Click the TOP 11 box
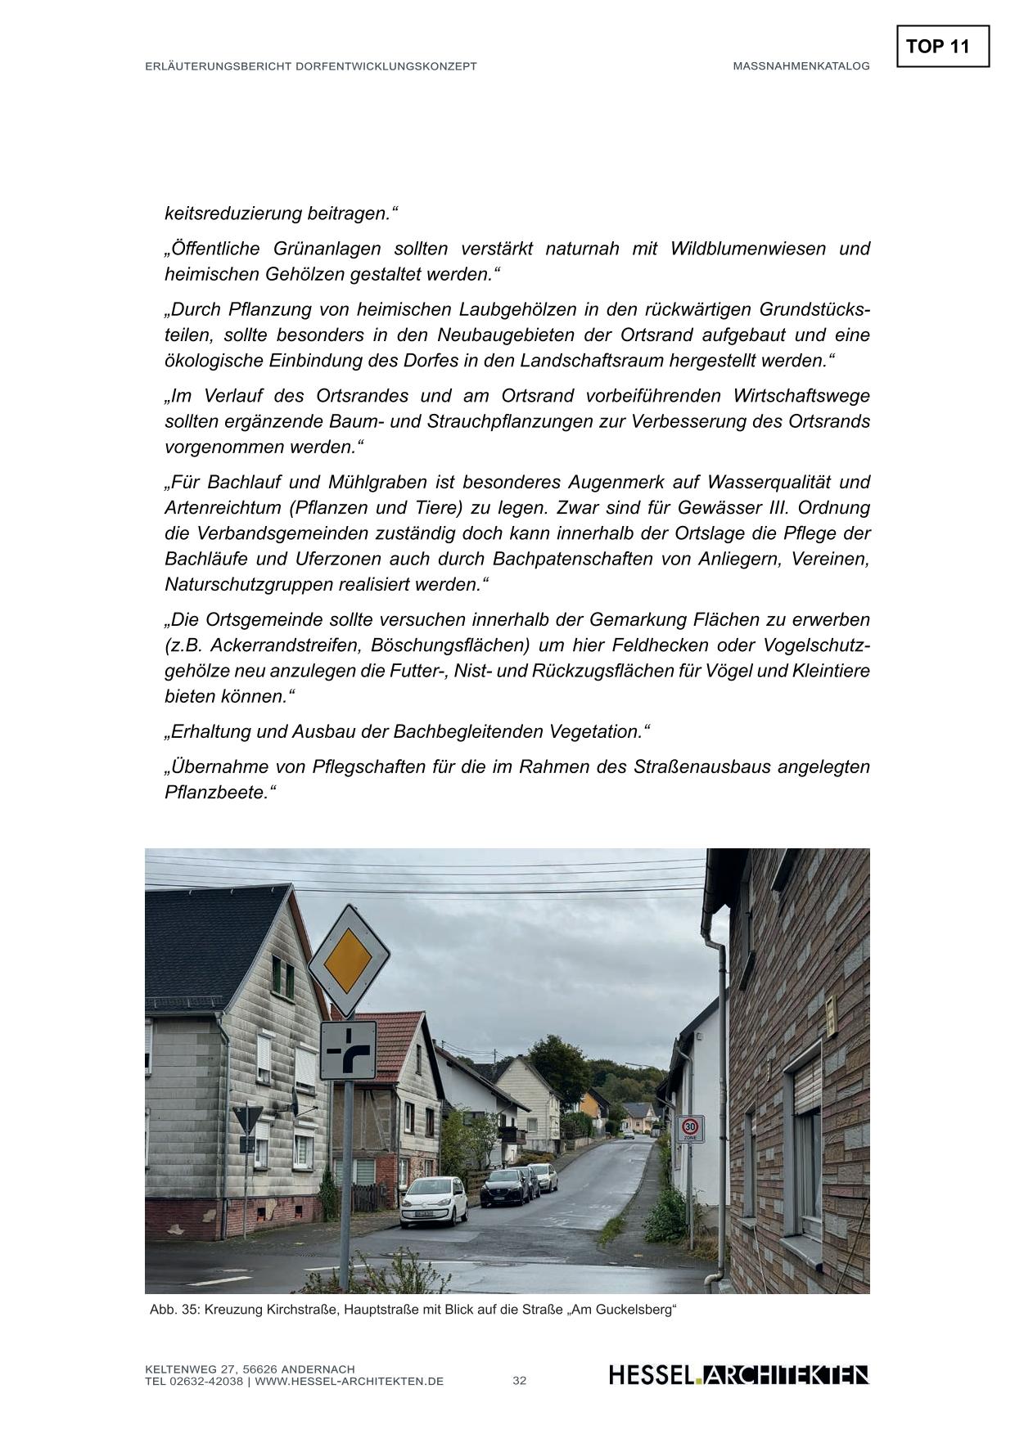click(x=942, y=47)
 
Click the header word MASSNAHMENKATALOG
click(x=801, y=66)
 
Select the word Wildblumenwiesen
click(x=748, y=249)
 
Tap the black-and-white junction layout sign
click(x=348, y=1050)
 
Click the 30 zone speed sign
click(x=690, y=1128)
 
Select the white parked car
click(x=433, y=1201)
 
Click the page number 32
click(x=520, y=1381)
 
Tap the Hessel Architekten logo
click(x=738, y=1375)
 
